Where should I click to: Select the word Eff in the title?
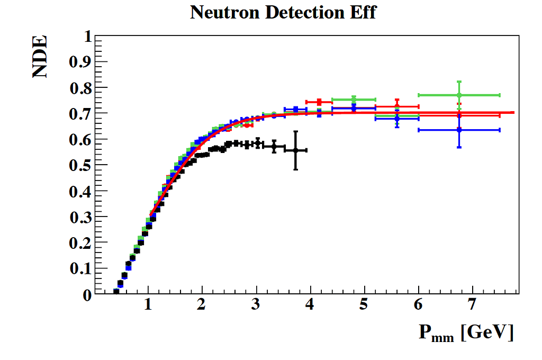[363, 12]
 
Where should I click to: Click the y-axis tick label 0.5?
[80, 165]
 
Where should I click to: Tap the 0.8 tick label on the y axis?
[80, 88]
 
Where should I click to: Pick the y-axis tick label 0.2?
[80, 242]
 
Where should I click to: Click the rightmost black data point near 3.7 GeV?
[296, 150]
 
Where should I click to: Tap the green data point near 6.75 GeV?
[459, 95]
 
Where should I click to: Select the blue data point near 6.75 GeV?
[459, 130]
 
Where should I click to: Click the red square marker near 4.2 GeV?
[319, 102]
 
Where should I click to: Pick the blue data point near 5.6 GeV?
[397, 118]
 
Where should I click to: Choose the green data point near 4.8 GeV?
[354, 99]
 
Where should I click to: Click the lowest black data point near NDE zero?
[116, 291]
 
